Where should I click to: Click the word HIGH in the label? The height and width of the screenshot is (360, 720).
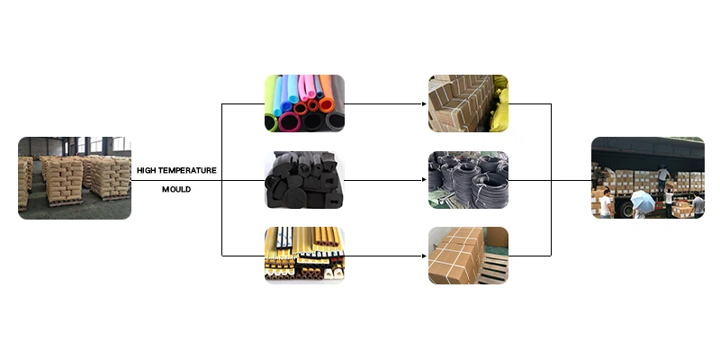(x=148, y=169)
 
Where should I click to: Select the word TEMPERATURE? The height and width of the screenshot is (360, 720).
(x=189, y=169)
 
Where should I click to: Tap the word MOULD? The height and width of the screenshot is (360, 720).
(x=176, y=190)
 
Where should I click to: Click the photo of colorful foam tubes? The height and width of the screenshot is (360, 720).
(x=304, y=103)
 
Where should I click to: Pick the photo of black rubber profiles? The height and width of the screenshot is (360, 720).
(x=304, y=180)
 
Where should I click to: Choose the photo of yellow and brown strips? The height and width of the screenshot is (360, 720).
(x=304, y=256)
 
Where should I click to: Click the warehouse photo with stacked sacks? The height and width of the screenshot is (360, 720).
(x=74, y=177)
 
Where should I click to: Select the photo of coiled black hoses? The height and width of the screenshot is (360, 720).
(x=468, y=180)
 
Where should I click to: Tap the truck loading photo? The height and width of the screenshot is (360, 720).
(x=647, y=177)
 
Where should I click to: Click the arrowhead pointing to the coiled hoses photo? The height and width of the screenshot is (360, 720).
(x=424, y=180)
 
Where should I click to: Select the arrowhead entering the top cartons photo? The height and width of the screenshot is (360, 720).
(x=424, y=103)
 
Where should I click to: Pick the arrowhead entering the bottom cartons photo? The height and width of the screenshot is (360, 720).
(x=424, y=256)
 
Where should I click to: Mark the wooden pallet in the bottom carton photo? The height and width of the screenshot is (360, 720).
(x=491, y=271)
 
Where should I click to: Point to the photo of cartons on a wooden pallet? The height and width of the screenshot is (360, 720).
(x=468, y=256)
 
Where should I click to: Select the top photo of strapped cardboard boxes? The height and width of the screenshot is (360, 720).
(x=468, y=103)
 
